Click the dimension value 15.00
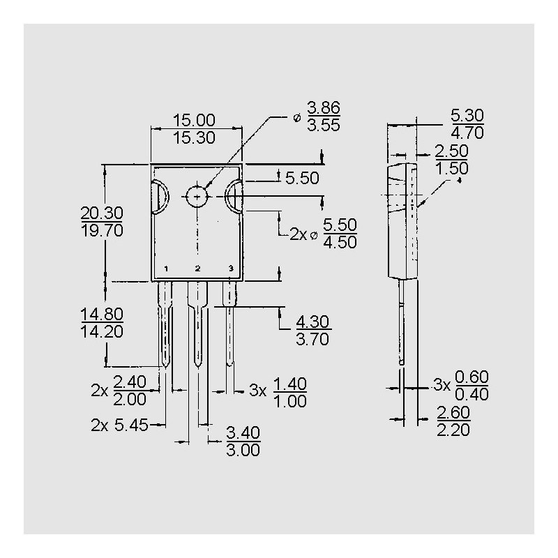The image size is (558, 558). (195, 120)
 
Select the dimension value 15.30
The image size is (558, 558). (195, 137)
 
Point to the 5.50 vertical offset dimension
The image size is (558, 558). (302, 178)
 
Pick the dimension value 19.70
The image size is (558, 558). (102, 231)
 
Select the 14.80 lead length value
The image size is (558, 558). (102, 314)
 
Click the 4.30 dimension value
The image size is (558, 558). (313, 322)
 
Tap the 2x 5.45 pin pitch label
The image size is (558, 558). (119, 424)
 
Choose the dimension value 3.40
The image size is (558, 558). (243, 433)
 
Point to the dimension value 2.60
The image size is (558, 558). (453, 412)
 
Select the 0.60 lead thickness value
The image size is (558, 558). (472, 376)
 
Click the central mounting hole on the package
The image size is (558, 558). (198, 196)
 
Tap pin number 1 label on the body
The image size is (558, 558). (166, 269)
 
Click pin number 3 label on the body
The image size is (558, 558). (230, 269)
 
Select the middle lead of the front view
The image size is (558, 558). (198, 321)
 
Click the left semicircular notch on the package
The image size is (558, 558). (158, 196)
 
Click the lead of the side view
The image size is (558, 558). (402, 321)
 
